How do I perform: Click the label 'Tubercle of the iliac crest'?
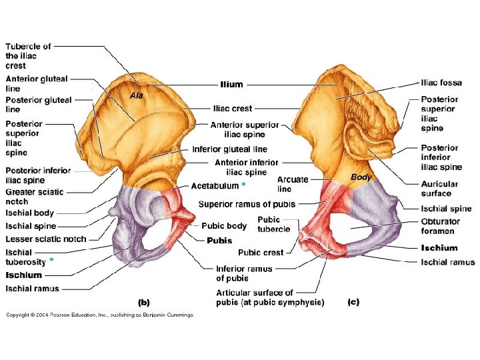(x=29, y=56)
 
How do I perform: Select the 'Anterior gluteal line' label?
(x=37, y=83)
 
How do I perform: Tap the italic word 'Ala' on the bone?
(x=136, y=95)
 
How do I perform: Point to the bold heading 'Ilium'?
(x=231, y=85)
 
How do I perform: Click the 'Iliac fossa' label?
(x=441, y=83)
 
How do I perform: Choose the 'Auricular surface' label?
(x=439, y=189)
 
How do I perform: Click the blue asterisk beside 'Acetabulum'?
(x=243, y=185)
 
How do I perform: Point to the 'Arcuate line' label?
(x=293, y=184)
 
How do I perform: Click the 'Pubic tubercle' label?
(x=273, y=224)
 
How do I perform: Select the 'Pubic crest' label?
(x=261, y=253)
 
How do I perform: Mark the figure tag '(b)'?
(x=143, y=302)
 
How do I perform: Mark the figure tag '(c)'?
(x=353, y=302)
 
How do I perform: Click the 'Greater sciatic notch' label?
(x=35, y=196)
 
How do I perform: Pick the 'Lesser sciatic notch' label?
(x=46, y=239)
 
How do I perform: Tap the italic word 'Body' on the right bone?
(x=361, y=177)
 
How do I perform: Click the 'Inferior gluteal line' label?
(x=229, y=149)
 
